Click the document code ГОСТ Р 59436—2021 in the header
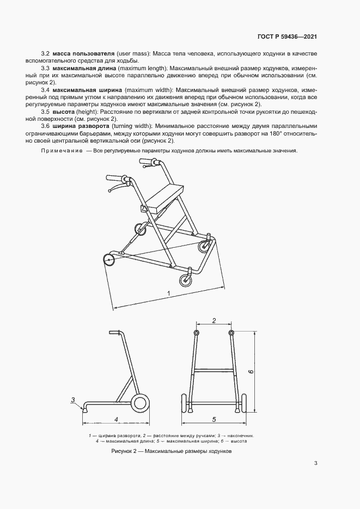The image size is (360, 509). point(286,37)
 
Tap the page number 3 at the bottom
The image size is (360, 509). point(316,463)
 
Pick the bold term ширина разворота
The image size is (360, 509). point(81,125)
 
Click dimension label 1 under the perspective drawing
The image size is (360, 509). point(169,293)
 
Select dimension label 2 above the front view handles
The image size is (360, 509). point(214,320)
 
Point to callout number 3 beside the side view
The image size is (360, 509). point(72,400)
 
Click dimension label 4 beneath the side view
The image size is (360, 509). point(116,419)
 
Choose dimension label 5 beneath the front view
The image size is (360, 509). point(214,419)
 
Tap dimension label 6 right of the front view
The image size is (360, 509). point(250,372)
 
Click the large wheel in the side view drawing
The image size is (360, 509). point(140,403)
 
